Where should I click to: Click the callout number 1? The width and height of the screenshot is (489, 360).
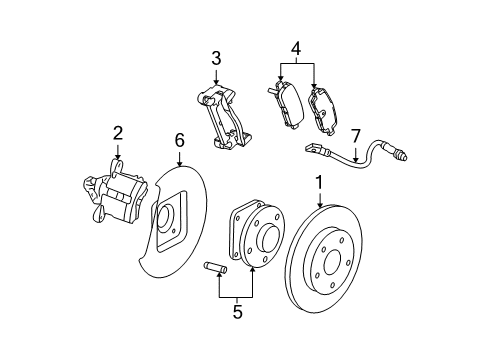coord(319,184)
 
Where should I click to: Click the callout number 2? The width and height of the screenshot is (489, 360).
coord(117,132)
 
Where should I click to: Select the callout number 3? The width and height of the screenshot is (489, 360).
coord(215,58)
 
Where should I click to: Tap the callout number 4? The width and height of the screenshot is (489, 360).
coord(294,47)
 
